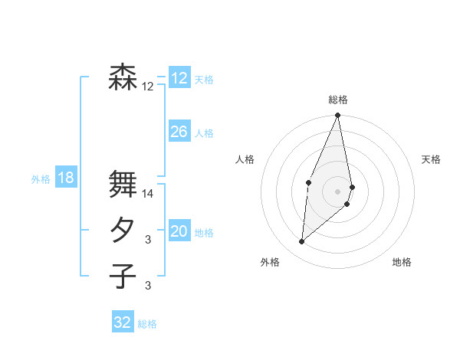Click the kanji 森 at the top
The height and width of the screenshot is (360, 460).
point(123,77)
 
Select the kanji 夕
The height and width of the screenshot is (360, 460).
point(123,231)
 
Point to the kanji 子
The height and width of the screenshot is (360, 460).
point(123,275)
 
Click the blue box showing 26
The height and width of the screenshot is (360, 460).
point(179,132)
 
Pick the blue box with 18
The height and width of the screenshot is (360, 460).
point(65,178)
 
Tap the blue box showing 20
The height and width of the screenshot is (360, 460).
point(179,231)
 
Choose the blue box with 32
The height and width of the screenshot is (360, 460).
point(123,322)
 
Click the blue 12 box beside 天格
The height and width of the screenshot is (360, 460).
point(179,78)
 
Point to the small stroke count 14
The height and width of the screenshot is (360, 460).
point(148,194)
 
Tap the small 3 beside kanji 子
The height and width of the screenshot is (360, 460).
point(148,286)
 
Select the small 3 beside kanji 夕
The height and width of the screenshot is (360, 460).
point(148,241)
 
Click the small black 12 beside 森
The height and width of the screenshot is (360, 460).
point(148,87)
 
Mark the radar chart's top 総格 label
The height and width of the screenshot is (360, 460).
point(338,100)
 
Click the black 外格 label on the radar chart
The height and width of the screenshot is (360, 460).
point(269,262)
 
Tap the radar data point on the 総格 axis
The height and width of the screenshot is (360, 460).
point(338,116)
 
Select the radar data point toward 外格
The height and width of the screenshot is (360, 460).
point(302,242)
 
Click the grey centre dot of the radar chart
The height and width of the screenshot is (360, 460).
point(338,191)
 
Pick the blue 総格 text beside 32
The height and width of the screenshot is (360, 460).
point(147,324)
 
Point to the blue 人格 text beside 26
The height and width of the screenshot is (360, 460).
point(204,133)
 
